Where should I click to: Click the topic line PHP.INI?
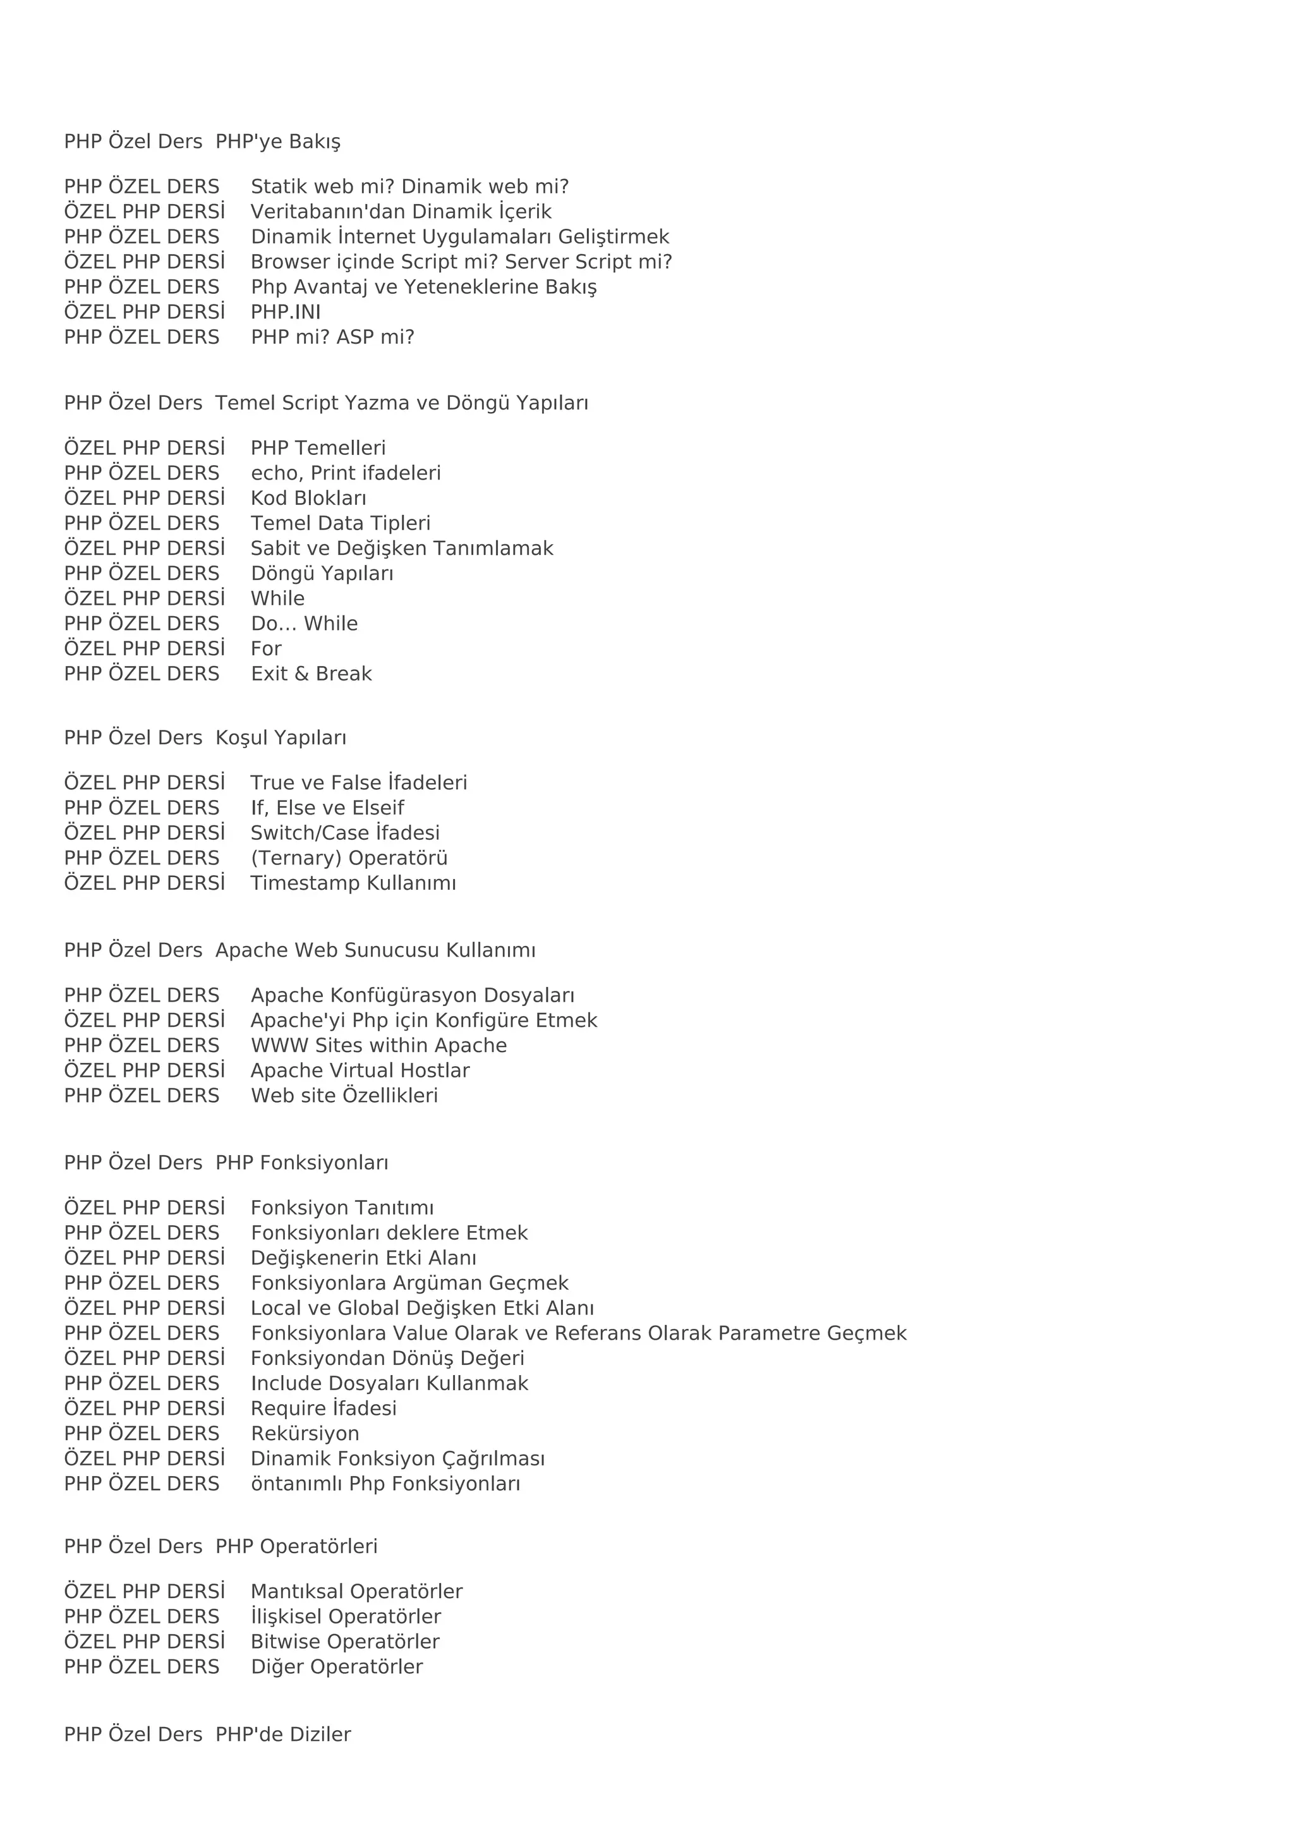(x=285, y=312)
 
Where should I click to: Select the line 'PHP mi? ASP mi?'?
(x=332, y=337)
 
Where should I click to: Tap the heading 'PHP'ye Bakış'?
(x=277, y=142)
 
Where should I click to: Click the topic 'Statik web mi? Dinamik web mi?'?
(x=409, y=186)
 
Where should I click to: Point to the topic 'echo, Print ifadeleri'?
(x=346, y=473)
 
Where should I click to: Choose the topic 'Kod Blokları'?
(x=308, y=498)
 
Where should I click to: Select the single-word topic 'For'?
(x=266, y=649)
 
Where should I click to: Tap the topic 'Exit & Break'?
(x=311, y=674)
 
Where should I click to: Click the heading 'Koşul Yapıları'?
(x=281, y=738)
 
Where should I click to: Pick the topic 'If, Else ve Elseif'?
(x=327, y=808)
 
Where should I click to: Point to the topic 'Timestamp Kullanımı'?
(x=353, y=883)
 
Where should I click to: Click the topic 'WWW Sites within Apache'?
(x=378, y=1045)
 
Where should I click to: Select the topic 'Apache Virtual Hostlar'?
(x=360, y=1070)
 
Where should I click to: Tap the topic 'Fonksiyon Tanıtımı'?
(x=342, y=1208)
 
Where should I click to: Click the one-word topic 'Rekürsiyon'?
(x=305, y=1434)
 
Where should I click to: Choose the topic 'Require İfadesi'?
(x=323, y=1409)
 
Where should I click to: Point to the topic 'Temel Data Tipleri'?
(x=340, y=524)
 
